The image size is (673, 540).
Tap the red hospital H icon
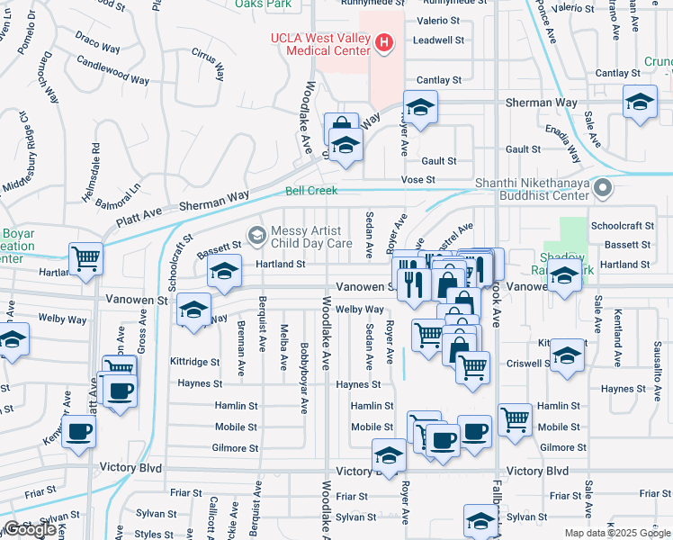385,41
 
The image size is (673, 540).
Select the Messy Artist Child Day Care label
312,236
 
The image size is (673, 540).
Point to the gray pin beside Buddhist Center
604,189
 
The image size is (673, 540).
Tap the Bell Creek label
311,191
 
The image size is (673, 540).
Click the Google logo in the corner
30,529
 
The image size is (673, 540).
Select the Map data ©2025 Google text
617,533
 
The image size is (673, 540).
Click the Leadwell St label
438,40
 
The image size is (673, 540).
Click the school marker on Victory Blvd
389,454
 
